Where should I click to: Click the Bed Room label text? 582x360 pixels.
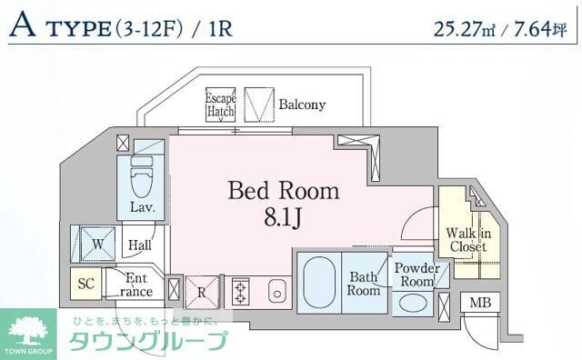click(283, 191)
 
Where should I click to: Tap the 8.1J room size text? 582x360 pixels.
click(283, 219)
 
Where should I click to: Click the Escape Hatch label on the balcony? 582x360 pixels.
click(220, 105)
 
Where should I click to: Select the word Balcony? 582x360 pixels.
click(302, 105)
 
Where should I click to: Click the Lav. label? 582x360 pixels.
click(141, 207)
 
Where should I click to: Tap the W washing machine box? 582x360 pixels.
click(95, 243)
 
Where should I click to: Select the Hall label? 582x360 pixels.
click(139, 245)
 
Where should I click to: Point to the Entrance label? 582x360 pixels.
click(136, 285)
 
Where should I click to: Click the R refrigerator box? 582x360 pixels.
click(203, 293)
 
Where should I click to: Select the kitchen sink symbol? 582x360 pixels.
click(277, 293)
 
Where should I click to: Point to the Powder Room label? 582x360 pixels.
click(416, 275)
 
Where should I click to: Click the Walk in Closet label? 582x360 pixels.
click(467, 239)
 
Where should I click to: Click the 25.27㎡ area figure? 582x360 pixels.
click(469, 27)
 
